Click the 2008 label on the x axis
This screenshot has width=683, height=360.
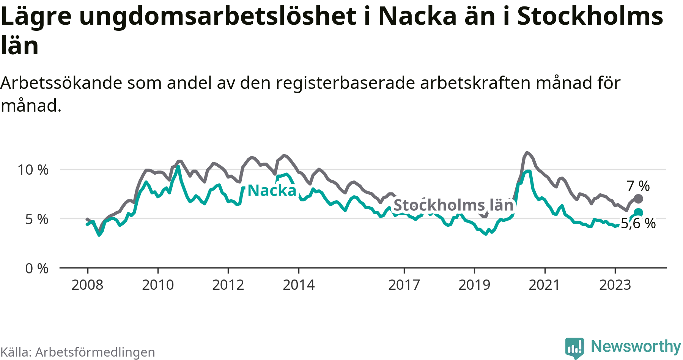(x=87, y=285)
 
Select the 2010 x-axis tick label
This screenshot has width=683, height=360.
(x=158, y=285)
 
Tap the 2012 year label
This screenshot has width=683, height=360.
(x=228, y=285)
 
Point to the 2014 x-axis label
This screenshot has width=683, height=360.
(x=299, y=285)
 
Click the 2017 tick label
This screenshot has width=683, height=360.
(x=404, y=285)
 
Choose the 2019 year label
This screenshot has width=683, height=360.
(x=474, y=285)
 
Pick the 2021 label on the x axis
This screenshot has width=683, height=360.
(x=545, y=285)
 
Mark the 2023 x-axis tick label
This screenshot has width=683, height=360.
(x=615, y=285)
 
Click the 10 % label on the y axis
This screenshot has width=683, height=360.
(x=33, y=170)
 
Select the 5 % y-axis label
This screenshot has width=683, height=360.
(x=37, y=219)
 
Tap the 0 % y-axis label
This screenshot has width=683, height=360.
(x=37, y=268)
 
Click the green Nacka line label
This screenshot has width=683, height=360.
(x=272, y=191)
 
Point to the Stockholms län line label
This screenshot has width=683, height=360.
(x=453, y=205)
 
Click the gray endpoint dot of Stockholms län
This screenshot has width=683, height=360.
(x=638, y=199)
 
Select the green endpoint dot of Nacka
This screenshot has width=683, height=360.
(x=638, y=213)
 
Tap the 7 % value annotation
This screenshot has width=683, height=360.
(x=638, y=186)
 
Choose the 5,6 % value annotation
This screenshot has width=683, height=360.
(x=638, y=223)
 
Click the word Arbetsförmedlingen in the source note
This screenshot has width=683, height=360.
(x=95, y=352)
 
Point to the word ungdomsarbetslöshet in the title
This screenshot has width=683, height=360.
(x=217, y=16)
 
